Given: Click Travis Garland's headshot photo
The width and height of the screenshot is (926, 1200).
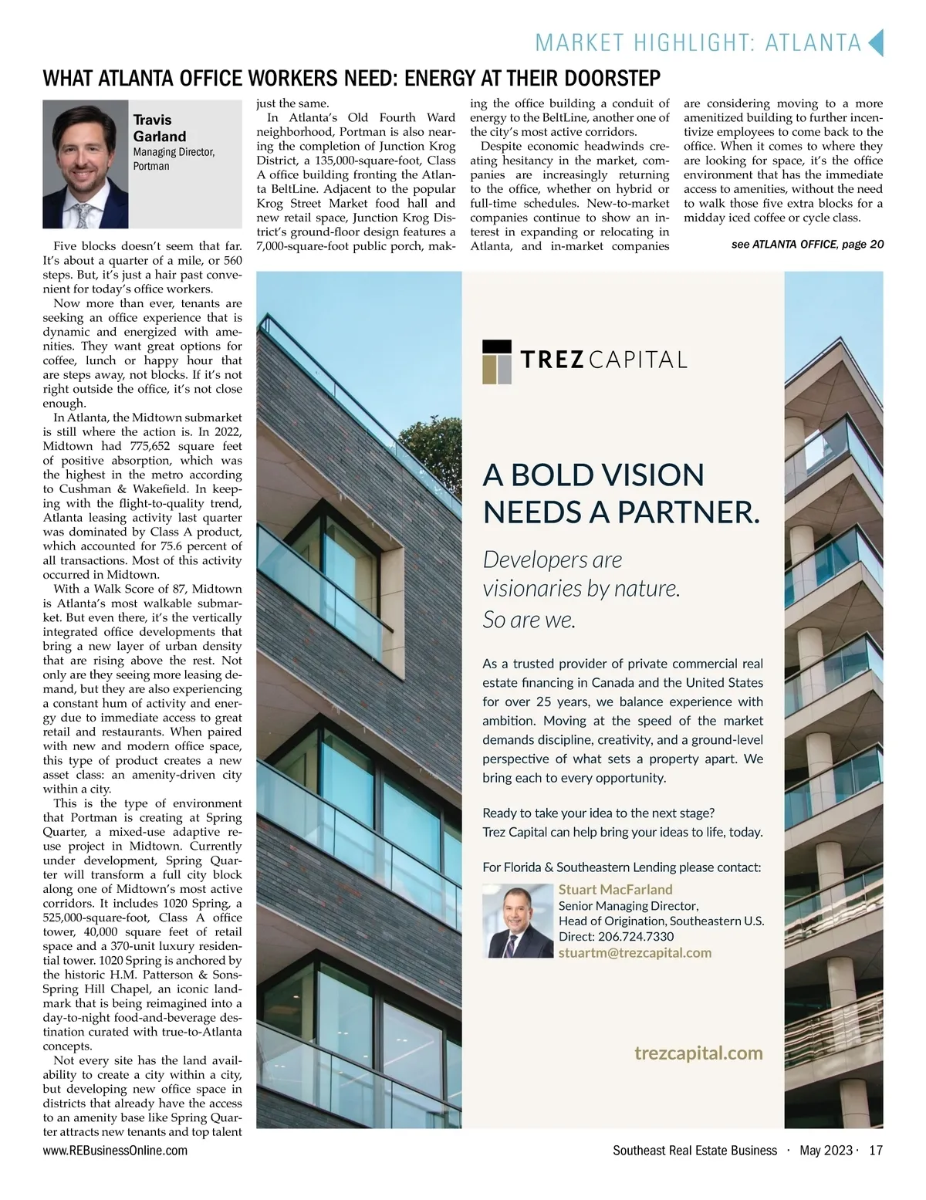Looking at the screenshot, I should tap(85, 164).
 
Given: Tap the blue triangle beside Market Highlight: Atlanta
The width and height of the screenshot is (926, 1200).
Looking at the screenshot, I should tap(875, 42).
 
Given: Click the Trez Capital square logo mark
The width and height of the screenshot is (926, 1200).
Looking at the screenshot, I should tap(497, 360).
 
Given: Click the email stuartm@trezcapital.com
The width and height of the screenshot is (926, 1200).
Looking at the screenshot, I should tap(634, 952).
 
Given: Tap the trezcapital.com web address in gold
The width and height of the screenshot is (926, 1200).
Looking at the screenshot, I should tap(698, 1053).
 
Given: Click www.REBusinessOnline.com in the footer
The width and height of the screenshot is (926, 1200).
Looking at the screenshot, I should tap(115, 1151).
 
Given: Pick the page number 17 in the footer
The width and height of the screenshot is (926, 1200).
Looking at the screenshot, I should tap(875, 1151).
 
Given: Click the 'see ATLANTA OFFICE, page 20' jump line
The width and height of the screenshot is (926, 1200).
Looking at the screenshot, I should tap(806, 245).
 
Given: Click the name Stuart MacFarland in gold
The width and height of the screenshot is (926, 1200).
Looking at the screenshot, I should tap(615, 889).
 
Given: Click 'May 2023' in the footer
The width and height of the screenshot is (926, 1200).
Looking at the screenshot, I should tap(825, 1151).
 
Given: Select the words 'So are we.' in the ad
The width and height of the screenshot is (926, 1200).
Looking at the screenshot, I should tap(529, 619).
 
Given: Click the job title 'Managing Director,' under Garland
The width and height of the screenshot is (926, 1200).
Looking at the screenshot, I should tap(174, 152).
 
